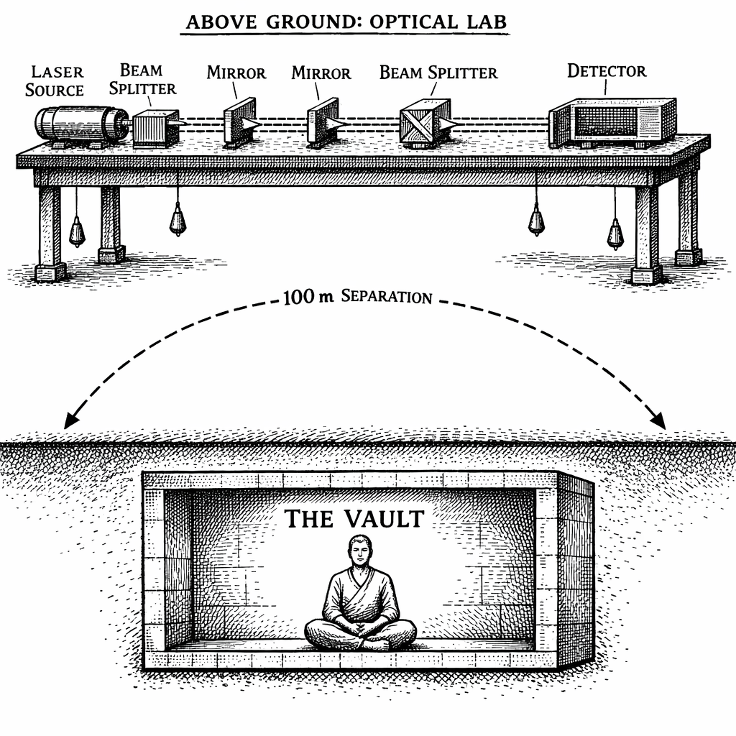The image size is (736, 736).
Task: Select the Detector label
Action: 607,70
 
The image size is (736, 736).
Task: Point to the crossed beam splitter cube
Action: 424,122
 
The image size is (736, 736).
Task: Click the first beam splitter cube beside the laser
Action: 156,128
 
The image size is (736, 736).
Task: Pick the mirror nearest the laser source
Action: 239,121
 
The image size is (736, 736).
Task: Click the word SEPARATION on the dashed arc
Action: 388,296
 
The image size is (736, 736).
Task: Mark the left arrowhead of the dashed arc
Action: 69,423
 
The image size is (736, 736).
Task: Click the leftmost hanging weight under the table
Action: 76,231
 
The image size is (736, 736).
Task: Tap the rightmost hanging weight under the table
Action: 615,234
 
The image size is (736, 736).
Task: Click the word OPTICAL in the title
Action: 415,22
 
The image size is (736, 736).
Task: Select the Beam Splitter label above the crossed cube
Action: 438,73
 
